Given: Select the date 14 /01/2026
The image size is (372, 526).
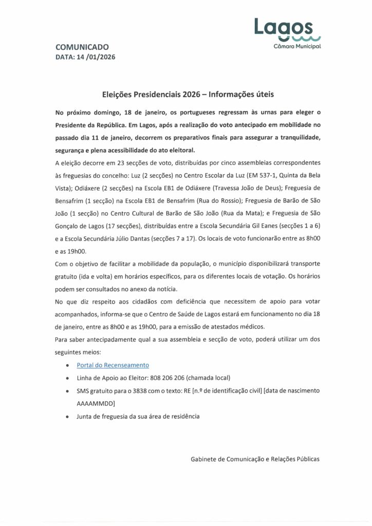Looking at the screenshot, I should [x=96, y=58].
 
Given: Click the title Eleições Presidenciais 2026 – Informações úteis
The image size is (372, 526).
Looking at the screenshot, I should [x=189, y=95].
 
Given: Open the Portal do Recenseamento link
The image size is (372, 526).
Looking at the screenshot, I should [x=113, y=365].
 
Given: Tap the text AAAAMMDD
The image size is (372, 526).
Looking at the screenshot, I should [x=96, y=403].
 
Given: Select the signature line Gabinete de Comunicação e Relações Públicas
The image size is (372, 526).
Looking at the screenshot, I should [x=252, y=459].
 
